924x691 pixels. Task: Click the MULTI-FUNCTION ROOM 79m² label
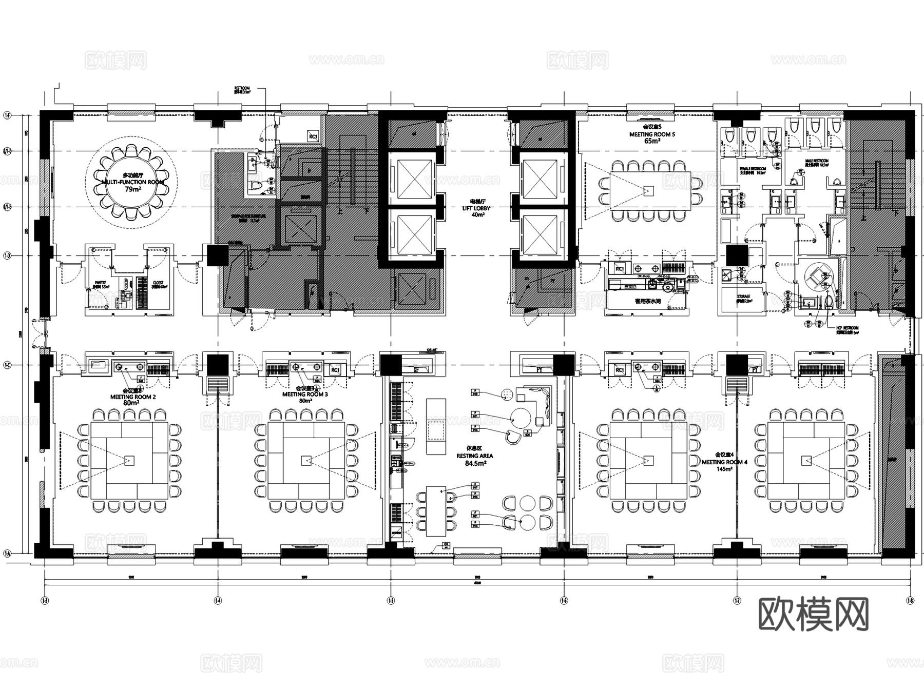(x=132, y=183)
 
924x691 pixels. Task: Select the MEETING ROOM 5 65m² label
(x=652, y=134)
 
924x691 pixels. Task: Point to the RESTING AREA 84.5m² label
(x=475, y=456)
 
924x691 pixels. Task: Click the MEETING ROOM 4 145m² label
(x=724, y=462)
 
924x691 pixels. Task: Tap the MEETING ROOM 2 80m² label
(x=132, y=397)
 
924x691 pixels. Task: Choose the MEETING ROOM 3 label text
(x=305, y=394)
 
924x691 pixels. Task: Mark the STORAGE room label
(x=744, y=297)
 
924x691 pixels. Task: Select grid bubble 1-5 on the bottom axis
(x=391, y=600)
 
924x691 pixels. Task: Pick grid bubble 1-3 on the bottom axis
(x=45, y=600)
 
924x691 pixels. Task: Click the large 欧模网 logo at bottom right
(x=813, y=614)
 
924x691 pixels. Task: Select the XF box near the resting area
(x=417, y=369)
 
